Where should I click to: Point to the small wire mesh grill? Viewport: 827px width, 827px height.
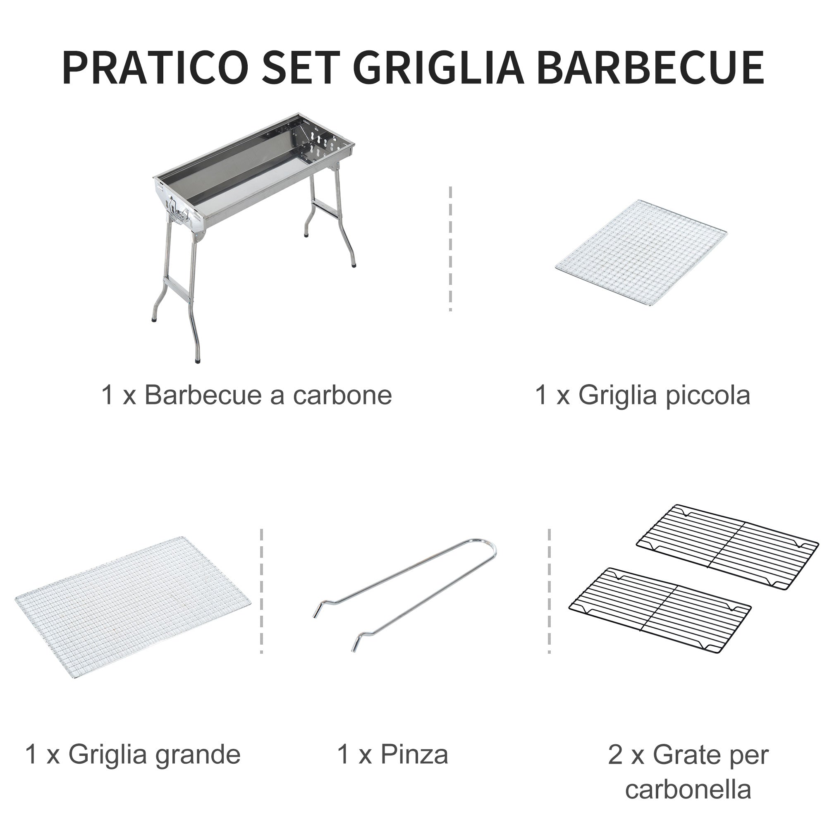(x=641, y=253)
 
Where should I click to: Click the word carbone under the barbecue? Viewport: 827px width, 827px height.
(x=342, y=395)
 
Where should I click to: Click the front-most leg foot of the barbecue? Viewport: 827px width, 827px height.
(x=197, y=361)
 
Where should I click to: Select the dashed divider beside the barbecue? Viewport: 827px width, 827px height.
(x=450, y=248)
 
